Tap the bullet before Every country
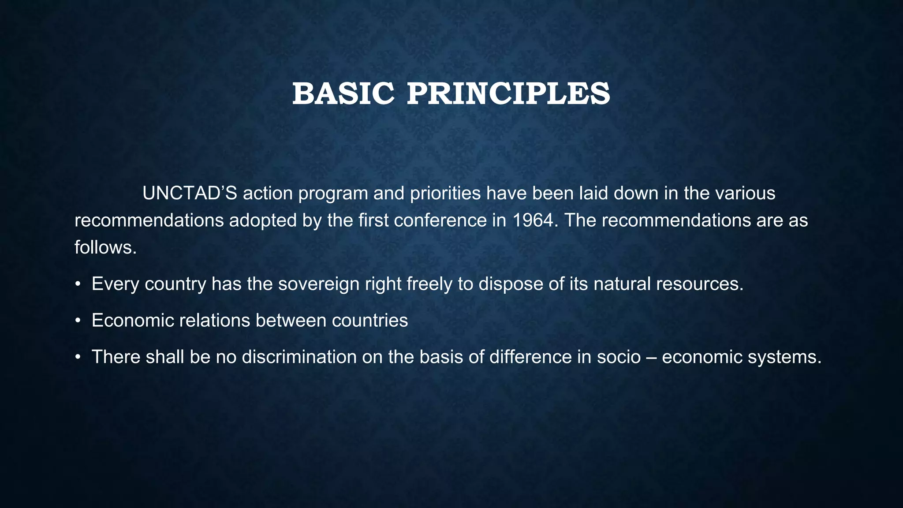pyautogui.click(x=78, y=284)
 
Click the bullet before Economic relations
pyautogui.click(x=78, y=321)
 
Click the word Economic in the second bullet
pyautogui.click(x=133, y=321)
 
